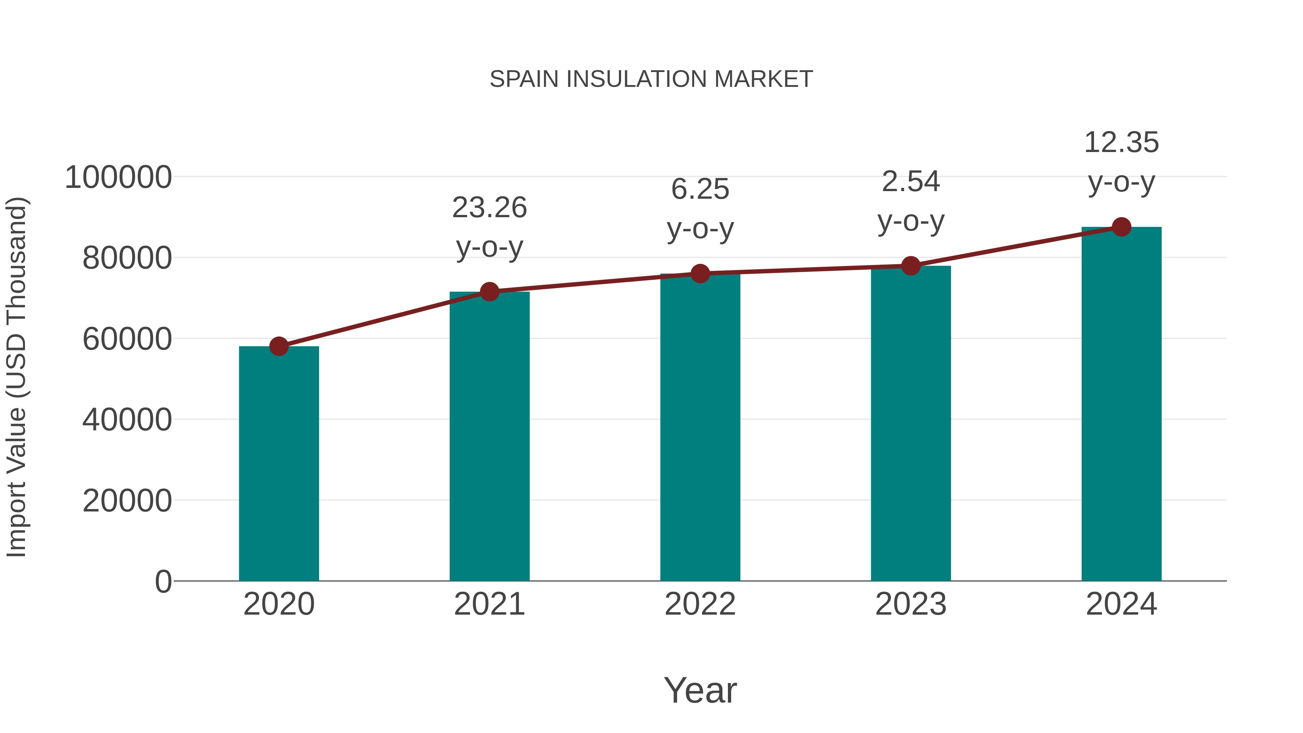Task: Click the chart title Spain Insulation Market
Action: [651, 79]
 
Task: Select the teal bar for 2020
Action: [279, 463]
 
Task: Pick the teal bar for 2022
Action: [700, 427]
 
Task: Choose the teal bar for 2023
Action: [911, 423]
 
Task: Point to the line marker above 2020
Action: [279, 346]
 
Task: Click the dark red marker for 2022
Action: [700, 274]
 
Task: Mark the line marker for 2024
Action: [1121, 227]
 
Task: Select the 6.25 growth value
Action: [700, 189]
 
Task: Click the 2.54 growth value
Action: [911, 182]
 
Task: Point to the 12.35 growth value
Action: [1121, 143]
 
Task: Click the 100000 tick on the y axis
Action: [118, 178]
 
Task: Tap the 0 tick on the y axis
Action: [163, 581]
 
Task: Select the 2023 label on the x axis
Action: [911, 604]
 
